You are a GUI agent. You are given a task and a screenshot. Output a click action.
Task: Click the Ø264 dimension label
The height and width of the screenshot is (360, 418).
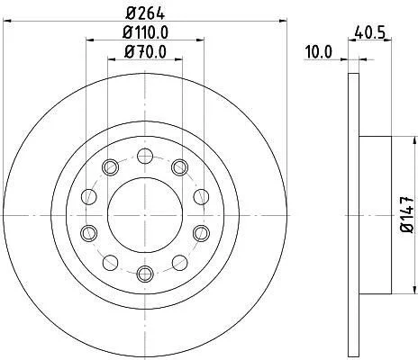click(x=145, y=13)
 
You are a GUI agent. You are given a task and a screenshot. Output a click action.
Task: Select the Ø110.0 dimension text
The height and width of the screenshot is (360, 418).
click(x=145, y=32)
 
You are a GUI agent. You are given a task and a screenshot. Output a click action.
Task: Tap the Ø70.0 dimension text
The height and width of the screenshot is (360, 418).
click(x=145, y=51)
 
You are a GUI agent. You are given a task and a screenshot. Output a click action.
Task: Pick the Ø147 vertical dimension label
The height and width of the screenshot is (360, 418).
click(x=408, y=215)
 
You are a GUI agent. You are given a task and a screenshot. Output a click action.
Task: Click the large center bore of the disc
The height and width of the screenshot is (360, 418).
click(x=145, y=215)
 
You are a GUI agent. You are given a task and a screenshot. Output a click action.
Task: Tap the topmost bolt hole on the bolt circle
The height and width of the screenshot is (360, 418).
click(x=145, y=156)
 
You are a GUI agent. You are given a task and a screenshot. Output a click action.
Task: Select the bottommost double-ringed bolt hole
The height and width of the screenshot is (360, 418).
click(x=145, y=274)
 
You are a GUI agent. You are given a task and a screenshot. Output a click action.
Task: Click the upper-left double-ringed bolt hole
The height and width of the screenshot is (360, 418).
click(x=110, y=167)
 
